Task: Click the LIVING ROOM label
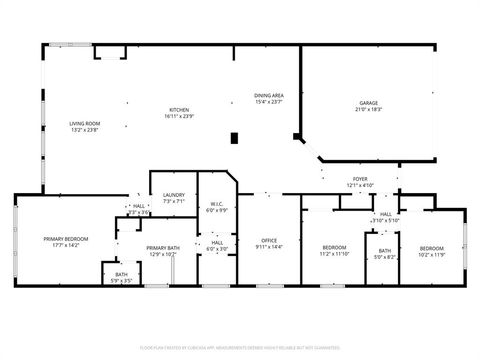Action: pos(85,124)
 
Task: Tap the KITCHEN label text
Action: pos(178,109)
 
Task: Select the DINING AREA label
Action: pos(269,95)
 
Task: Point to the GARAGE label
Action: pos(369,103)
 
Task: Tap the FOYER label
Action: pos(360,179)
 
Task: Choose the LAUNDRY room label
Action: pos(174,195)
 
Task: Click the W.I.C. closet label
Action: pos(217,205)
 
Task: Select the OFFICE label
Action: pos(268,240)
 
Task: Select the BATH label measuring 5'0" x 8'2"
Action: pos(384,251)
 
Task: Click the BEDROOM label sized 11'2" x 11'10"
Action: pos(334,247)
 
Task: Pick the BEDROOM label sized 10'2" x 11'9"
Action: pos(431,247)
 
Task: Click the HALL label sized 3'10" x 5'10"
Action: pos(386,214)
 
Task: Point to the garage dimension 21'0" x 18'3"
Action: pos(369,109)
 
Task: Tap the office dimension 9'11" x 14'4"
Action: pos(268,246)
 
